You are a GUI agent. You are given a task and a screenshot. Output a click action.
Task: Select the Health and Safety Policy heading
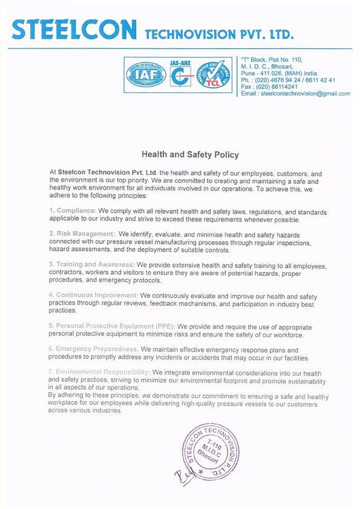click(x=182, y=156)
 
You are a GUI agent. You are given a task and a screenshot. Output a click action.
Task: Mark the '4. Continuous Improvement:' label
click(x=94, y=295)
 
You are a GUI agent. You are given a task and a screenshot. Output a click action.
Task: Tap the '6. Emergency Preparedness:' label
click(x=94, y=349)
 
